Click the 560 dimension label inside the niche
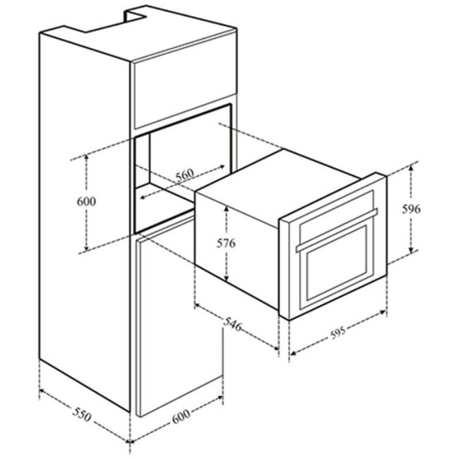(x=185, y=174)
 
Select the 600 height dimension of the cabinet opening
(x=87, y=201)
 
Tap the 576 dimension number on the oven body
(x=226, y=243)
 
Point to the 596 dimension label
(x=411, y=209)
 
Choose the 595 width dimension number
(x=338, y=333)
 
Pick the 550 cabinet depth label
(x=82, y=414)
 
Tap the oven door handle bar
(x=337, y=230)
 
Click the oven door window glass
(x=337, y=262)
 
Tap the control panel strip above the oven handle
(x=337, y=211)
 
